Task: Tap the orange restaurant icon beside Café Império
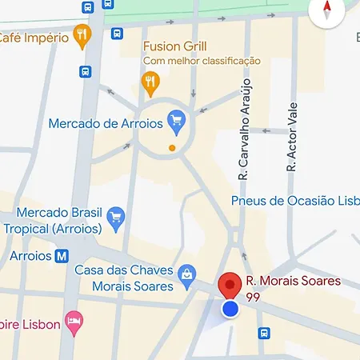(x=81, y=35)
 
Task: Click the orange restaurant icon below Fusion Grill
(x=149, y=80)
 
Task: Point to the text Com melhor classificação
(x=202, y=60)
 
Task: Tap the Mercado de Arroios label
(x=106, y=123)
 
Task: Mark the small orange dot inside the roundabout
(x=172, y=148)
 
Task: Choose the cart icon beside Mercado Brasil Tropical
(x=117, y=216)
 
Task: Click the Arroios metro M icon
(x=62, y=256)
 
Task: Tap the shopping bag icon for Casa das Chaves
(x=186, y=274)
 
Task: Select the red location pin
(x=230, y=284)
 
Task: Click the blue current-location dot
(x=230, y=308)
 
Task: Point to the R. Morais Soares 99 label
(x=293, y=288)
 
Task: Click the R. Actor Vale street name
(x=292, y=136)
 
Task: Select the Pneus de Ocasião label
(x=294, y=200)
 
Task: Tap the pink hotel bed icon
(x=74, y=322)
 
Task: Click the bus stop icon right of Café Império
(x=118, y=34)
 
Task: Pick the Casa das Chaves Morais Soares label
(x=124, y=278)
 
